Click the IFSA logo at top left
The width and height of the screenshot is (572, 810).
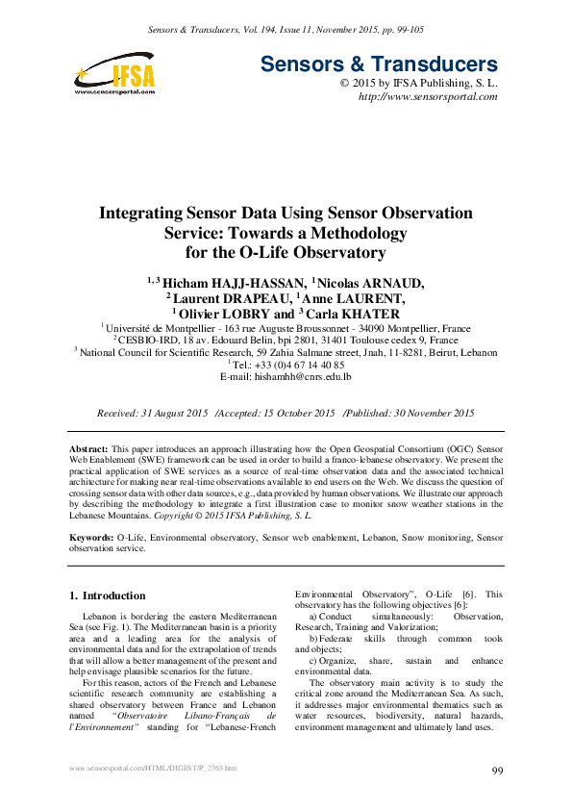[x=112, y=73]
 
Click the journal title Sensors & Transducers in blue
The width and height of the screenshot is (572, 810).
[x=379, y=64]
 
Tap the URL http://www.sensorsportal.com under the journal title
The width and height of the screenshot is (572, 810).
[x=428, y=97]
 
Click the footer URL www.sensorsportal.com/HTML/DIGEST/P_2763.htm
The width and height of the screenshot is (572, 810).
[x=154, y=769]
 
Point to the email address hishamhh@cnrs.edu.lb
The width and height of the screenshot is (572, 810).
[x=286, y=377]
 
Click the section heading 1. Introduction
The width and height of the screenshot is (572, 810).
[x=109, y=595]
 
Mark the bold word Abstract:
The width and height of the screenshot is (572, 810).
[x=90, y=450]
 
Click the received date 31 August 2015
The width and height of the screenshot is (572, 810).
[x=173, y=413]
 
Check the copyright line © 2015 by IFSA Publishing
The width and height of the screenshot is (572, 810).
[x=418, y=84]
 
